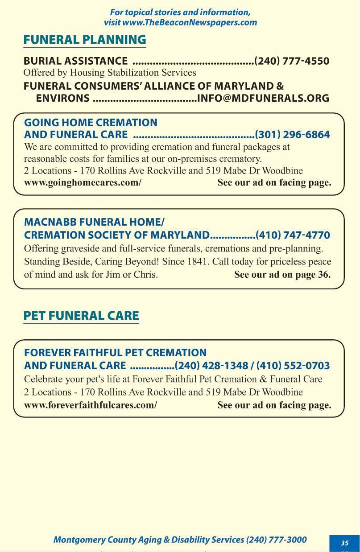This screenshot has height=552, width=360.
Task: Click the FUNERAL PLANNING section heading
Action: (x=85, y=40)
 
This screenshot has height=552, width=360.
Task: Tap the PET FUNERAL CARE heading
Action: (x=81, y=316)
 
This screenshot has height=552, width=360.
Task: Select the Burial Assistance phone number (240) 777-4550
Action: (x=292, y=61)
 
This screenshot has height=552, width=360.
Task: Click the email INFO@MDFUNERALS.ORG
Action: (x=263, y=98)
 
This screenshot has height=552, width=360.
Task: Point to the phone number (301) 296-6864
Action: (x=292, y=135)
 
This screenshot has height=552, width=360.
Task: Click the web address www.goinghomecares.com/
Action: (x=83, y=182)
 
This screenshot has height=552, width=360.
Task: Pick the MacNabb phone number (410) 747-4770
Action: (x=293, y=235)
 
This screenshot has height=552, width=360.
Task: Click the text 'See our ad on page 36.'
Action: (x=282, y=275)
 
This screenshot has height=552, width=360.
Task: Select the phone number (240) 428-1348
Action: (x=211, y=366)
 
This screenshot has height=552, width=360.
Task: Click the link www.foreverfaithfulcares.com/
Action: (x=91, y=405)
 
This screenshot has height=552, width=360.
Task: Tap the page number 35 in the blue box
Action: (x=344, y=543)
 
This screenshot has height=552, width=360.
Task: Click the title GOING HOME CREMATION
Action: (x=91, y=123)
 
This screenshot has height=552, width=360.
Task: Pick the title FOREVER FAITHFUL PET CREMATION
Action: (x=115, y=353)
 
